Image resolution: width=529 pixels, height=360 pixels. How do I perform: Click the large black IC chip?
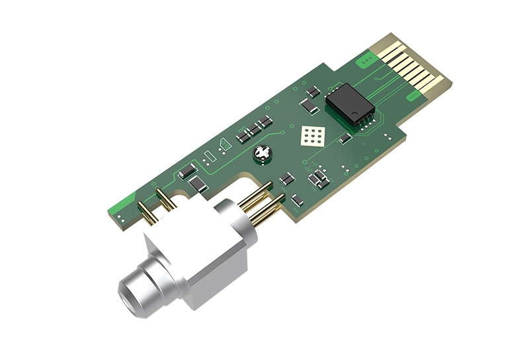click(349, 105)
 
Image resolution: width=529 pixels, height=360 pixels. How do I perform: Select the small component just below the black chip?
click(345, 138)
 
